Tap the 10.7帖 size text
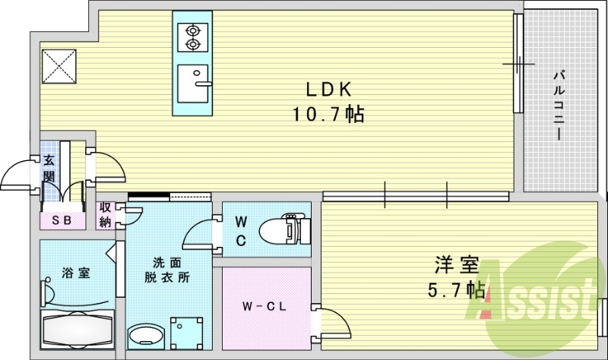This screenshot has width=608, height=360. click(328, 115)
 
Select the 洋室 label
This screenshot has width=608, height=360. click(456, 266)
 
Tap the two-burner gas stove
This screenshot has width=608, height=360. click(189, 36)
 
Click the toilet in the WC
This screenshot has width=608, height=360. click(282, 228)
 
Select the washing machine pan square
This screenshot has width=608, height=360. click(186, 331)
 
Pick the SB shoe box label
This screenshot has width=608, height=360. click(61, 219)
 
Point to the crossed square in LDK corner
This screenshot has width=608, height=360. click(59, 65)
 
